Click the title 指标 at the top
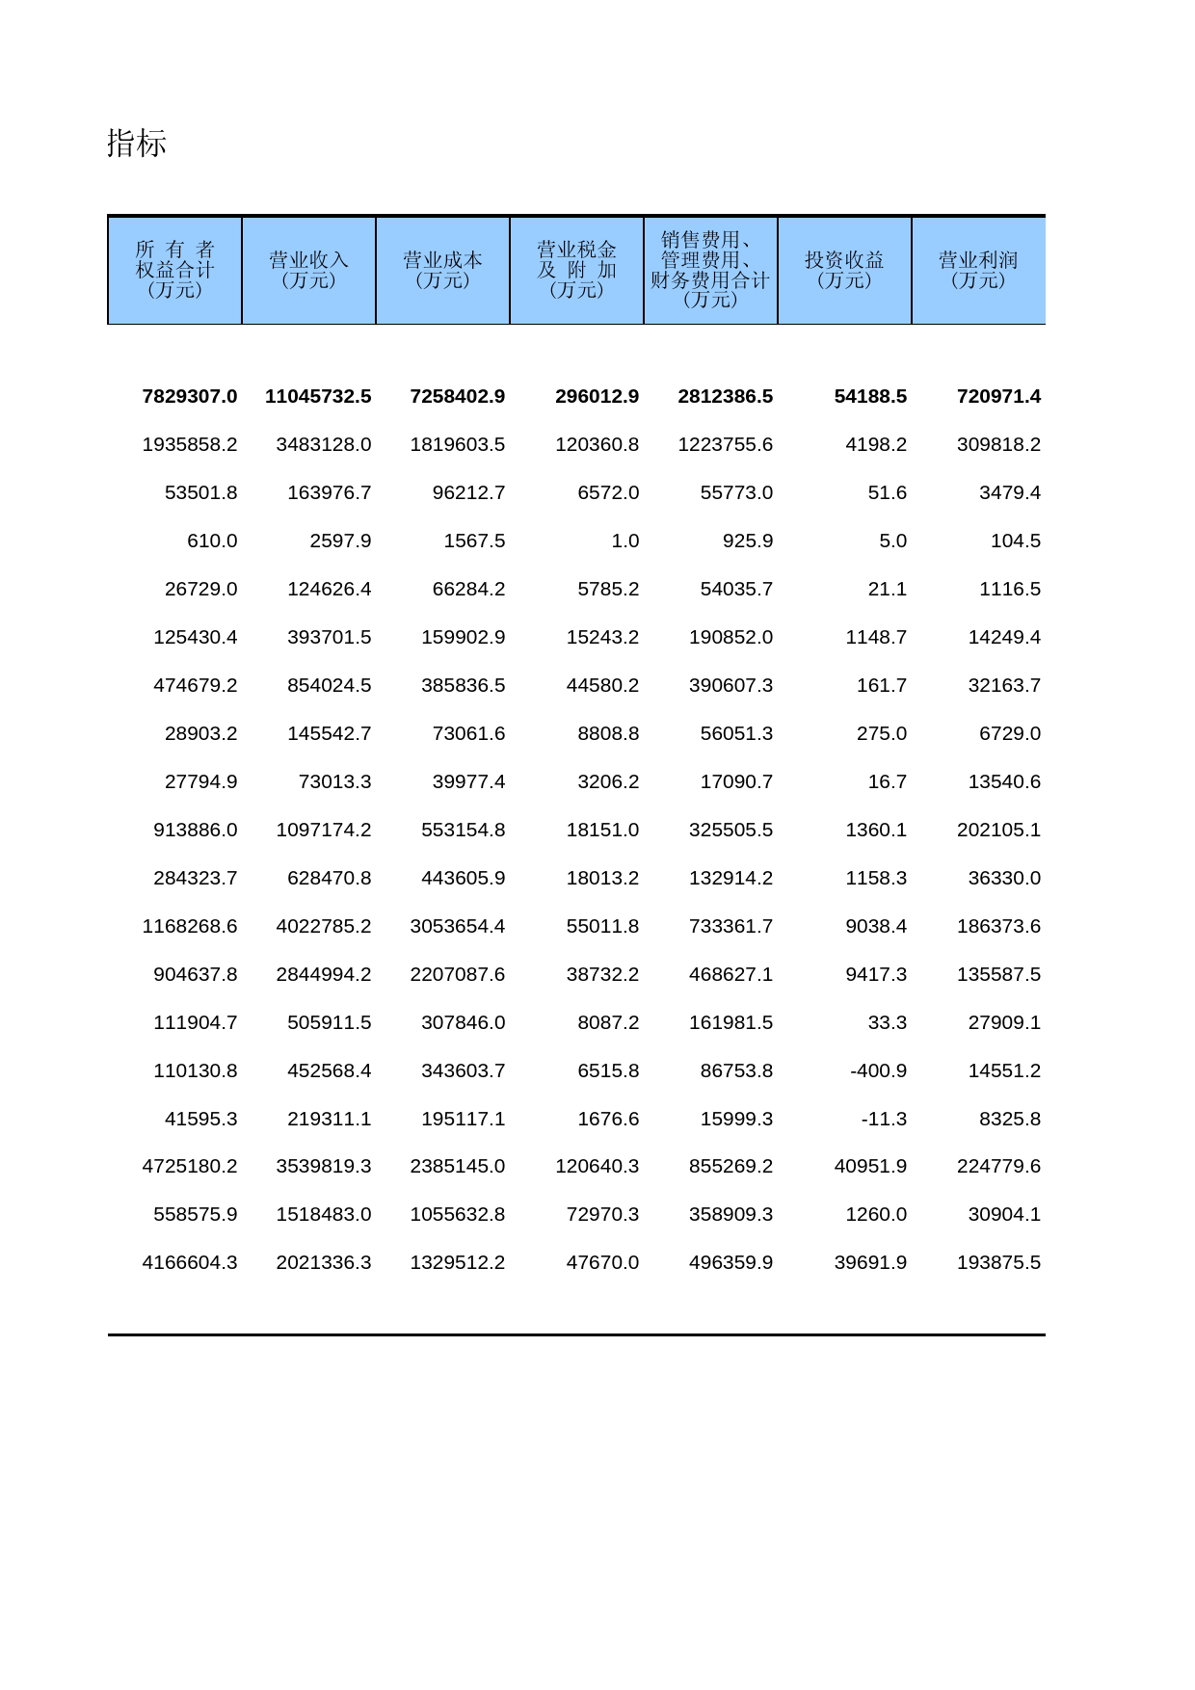pyautogui.click(x=137, y=144)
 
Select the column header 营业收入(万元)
pyautogui.click(x=308, y=270)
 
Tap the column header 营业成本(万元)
pyautogui.click(x=442, y=270)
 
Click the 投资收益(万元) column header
pyautogui.click(x=844, y=270)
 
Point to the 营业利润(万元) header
pyautogui.click(x=978, y=270)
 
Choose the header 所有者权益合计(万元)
pyautogui.click(x=174, y=270)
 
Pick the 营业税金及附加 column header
pyautogui.click(x=576, y=270)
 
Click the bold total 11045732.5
pyautogui.click(x=318, y=396)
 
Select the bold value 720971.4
pyautogui.click(x=998, y=396)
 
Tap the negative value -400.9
pyautogui.click(x=878, y=1070)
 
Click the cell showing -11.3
pyautogui.click(x=884, y=1119)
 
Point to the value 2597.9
pyautogui.click(x=340, y=541)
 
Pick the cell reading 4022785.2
pyautogui.click(x=324, y=926)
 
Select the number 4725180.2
pyautogui.click(x=190, y=1166)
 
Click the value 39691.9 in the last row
pyautogui.click(x=870, y=1262)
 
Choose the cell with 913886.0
pyautogui.click(x=196, y=830)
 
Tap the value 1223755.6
pyautogui.click(x=726, y=444)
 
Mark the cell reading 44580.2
pyautogui.click(x=602, y=685)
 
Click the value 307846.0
pyautogui.click(x=463, y=1022)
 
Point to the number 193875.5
pyautogui.click(x=998, y=1262)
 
